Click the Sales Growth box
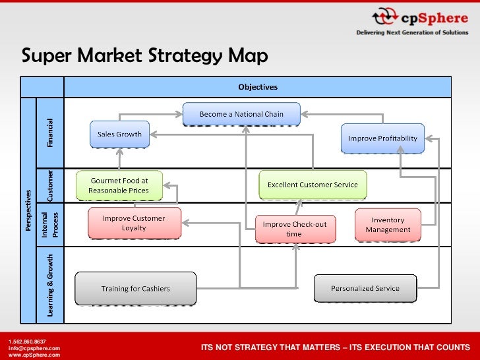coord(119,135)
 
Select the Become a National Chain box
coord(241,115)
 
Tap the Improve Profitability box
coord(382,138)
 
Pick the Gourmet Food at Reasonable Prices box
coord(119,185)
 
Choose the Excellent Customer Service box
coord(313,185)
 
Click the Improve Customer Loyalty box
coord(134,224)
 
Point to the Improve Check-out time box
coord(294,229)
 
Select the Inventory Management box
coord(388,225)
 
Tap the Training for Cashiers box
coord(135,289)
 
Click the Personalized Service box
coord(365,289)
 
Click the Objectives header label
coord(258,87)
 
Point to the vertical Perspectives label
coord(28,210)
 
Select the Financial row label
coord(51,132)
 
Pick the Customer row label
coord(51,185)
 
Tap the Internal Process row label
coord(51,224)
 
